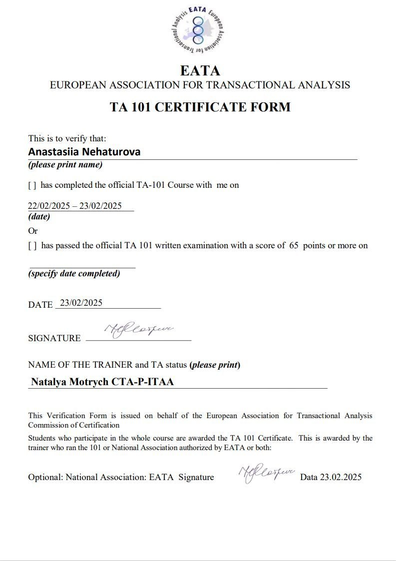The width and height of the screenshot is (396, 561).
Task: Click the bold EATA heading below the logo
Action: pos(200,70)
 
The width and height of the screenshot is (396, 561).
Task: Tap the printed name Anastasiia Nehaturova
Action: pos(84,152)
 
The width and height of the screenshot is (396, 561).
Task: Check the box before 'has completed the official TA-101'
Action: pos(32,185)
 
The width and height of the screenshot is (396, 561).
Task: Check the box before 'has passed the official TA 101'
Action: pos(32,246)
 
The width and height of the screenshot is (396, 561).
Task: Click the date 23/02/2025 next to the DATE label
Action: pos(81,303)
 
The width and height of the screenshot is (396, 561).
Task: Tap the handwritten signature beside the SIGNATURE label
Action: pos(138,331)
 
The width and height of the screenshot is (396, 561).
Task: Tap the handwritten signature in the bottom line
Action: pos(267,473)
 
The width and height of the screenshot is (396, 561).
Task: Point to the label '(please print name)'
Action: pos(65,165)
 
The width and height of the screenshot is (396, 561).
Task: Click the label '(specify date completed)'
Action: pos(74,274)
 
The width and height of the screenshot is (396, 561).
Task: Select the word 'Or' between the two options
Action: pos(33,231)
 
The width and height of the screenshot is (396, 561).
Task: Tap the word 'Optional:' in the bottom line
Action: pos(45,477)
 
